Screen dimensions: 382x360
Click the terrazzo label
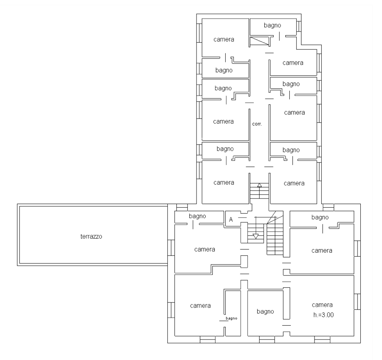point(91,236)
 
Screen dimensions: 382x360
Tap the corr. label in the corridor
point(257,124)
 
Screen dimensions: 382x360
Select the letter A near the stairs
point(231,219)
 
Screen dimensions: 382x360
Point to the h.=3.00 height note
point(324,315)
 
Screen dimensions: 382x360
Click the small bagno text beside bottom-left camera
point(231,318)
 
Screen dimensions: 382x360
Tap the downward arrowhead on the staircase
point(256,236)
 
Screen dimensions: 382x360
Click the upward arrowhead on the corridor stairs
point(259,185)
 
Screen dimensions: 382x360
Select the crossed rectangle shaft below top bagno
point(260,41)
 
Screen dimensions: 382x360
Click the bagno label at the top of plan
point(272,25)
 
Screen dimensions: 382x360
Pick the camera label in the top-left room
point(224,39)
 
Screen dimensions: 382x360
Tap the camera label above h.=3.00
point(322,305)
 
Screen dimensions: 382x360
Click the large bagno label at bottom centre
point(265,311)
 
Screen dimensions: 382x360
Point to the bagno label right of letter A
point(320,217)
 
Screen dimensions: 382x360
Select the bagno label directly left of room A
point(197,216)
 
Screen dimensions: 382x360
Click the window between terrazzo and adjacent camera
point(171,247)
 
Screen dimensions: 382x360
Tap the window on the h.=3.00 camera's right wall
point(357,302)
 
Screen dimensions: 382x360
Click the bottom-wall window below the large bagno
point(267,339)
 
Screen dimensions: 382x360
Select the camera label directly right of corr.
point(294,112)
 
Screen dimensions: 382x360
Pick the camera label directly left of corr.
point(223,122)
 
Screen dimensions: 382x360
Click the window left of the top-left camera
point(199,33)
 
